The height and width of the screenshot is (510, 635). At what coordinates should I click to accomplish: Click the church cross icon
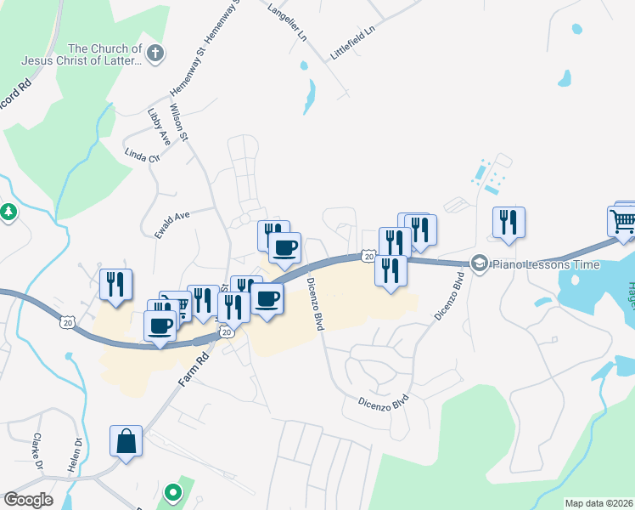155,54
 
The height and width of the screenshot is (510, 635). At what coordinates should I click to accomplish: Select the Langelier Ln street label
286,22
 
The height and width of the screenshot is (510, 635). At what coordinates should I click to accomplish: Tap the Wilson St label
180,123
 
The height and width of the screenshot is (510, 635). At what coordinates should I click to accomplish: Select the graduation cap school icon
480,263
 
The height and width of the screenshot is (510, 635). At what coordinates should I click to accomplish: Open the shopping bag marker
126,442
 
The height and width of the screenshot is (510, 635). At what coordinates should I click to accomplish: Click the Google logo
28,500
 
